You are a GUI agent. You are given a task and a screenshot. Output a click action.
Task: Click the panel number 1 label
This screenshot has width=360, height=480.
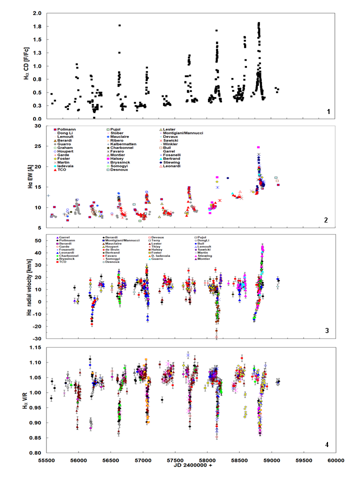(327, 111)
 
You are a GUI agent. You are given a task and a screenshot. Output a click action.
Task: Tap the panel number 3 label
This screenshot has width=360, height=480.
(327, 330)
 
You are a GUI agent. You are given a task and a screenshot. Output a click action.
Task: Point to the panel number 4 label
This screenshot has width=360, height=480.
(327, 444)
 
